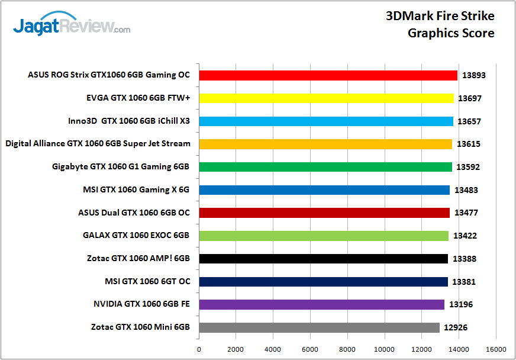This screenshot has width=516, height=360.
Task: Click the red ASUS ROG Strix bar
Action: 328,75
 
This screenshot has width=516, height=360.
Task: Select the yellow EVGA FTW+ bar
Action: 327,98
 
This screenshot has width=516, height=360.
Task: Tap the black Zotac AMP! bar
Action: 324,259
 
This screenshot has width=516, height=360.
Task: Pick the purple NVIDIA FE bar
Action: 322,304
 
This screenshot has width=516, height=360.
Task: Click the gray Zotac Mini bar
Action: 320,327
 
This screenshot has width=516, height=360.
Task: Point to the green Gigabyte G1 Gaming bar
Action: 325,167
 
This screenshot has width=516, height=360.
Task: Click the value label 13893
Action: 473,75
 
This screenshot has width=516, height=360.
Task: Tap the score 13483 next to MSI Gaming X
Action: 466,190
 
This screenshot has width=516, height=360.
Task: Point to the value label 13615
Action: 468,144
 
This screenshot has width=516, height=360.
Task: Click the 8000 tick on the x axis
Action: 347,349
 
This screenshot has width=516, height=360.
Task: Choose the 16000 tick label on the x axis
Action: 496,349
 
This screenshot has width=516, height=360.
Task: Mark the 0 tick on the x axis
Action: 199,349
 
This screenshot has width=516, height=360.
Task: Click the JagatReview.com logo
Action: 72,26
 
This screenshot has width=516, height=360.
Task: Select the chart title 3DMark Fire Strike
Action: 440,16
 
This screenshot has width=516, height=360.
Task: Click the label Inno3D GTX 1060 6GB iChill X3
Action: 129,121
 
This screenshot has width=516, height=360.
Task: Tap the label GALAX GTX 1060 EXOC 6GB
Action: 136,235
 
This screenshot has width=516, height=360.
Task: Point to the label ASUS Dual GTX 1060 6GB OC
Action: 134,213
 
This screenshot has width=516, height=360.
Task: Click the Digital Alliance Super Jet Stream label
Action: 98,143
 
